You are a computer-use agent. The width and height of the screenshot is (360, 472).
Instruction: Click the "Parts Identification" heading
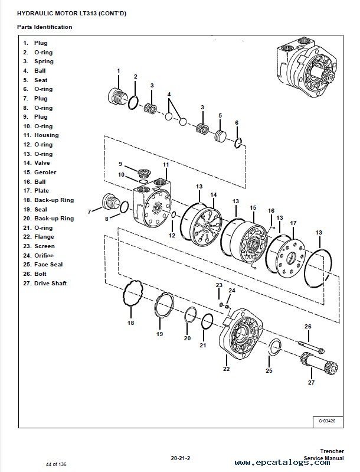[45, 27]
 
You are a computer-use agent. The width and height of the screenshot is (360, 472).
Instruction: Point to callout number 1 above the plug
[118, 71]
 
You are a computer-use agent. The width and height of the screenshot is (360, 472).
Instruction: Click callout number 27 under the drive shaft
[311, 382]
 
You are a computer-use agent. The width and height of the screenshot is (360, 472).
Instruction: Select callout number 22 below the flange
[226, 369]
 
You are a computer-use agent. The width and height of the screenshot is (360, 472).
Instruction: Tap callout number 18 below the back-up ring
[131, 323]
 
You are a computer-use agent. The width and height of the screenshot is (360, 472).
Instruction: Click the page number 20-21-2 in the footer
[179, 457]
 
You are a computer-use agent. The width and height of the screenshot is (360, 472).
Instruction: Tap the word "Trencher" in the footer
[323, 451]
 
